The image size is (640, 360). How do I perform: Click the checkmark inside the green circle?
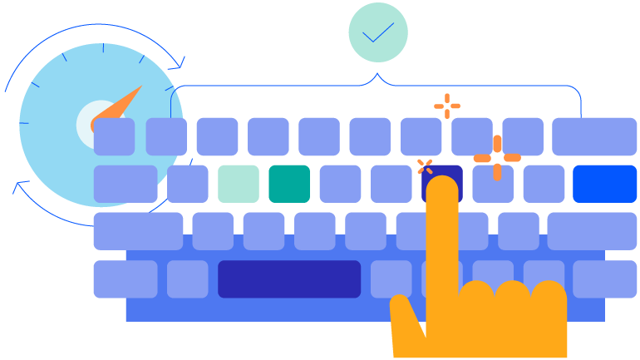point(378,32)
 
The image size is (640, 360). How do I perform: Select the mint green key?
point(239,184)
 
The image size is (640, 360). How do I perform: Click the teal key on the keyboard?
point(289,184)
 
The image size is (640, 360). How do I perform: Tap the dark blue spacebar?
point(289,279)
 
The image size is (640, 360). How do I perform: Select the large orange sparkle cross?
point(497,157)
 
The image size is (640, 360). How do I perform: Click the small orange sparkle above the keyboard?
point(447,106)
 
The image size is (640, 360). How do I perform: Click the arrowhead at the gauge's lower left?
point(19,186)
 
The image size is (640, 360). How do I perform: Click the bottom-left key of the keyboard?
point(125,279)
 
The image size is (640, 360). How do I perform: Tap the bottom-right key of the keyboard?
point(604,279)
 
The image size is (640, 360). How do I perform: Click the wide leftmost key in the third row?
point(137,231)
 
